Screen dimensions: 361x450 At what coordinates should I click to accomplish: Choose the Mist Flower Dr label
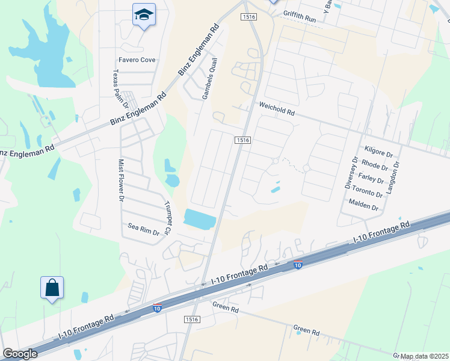[121, 180]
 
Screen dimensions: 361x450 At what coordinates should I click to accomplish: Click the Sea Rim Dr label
[143, 229]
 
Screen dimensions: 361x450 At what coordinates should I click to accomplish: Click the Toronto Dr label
[369, 193]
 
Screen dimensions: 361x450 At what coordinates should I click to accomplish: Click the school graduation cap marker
[144, 14]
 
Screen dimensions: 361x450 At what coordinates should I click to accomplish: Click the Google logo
[20, 354]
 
